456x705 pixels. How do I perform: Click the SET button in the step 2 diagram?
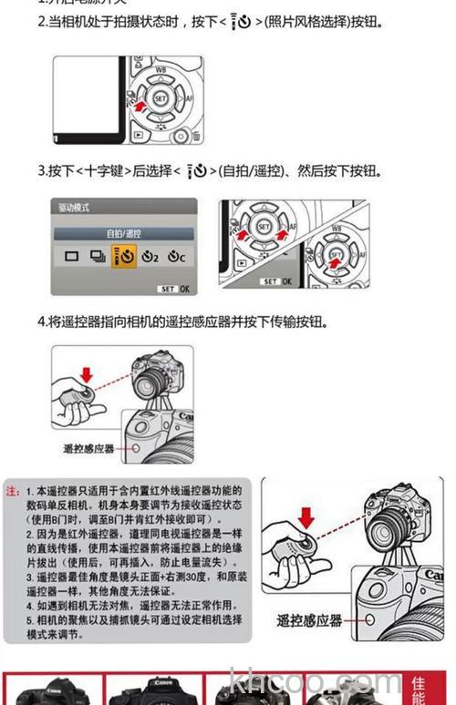tap(161, 97)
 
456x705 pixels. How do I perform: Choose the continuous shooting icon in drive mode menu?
tap(97, 257)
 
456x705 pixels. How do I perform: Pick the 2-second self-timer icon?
tap(150, 257)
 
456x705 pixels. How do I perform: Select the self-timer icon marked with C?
tap(177, 257)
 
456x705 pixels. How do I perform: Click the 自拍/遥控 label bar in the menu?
tap(123, 233)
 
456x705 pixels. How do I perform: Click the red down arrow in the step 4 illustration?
tap(87, 373)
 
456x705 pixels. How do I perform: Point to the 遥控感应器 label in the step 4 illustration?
tap(88, 448)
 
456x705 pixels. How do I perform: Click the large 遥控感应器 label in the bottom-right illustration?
tap(310, 620)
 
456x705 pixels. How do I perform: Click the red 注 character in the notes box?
tap(12, 491)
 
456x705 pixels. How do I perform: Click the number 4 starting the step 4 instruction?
tap(42, 321)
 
